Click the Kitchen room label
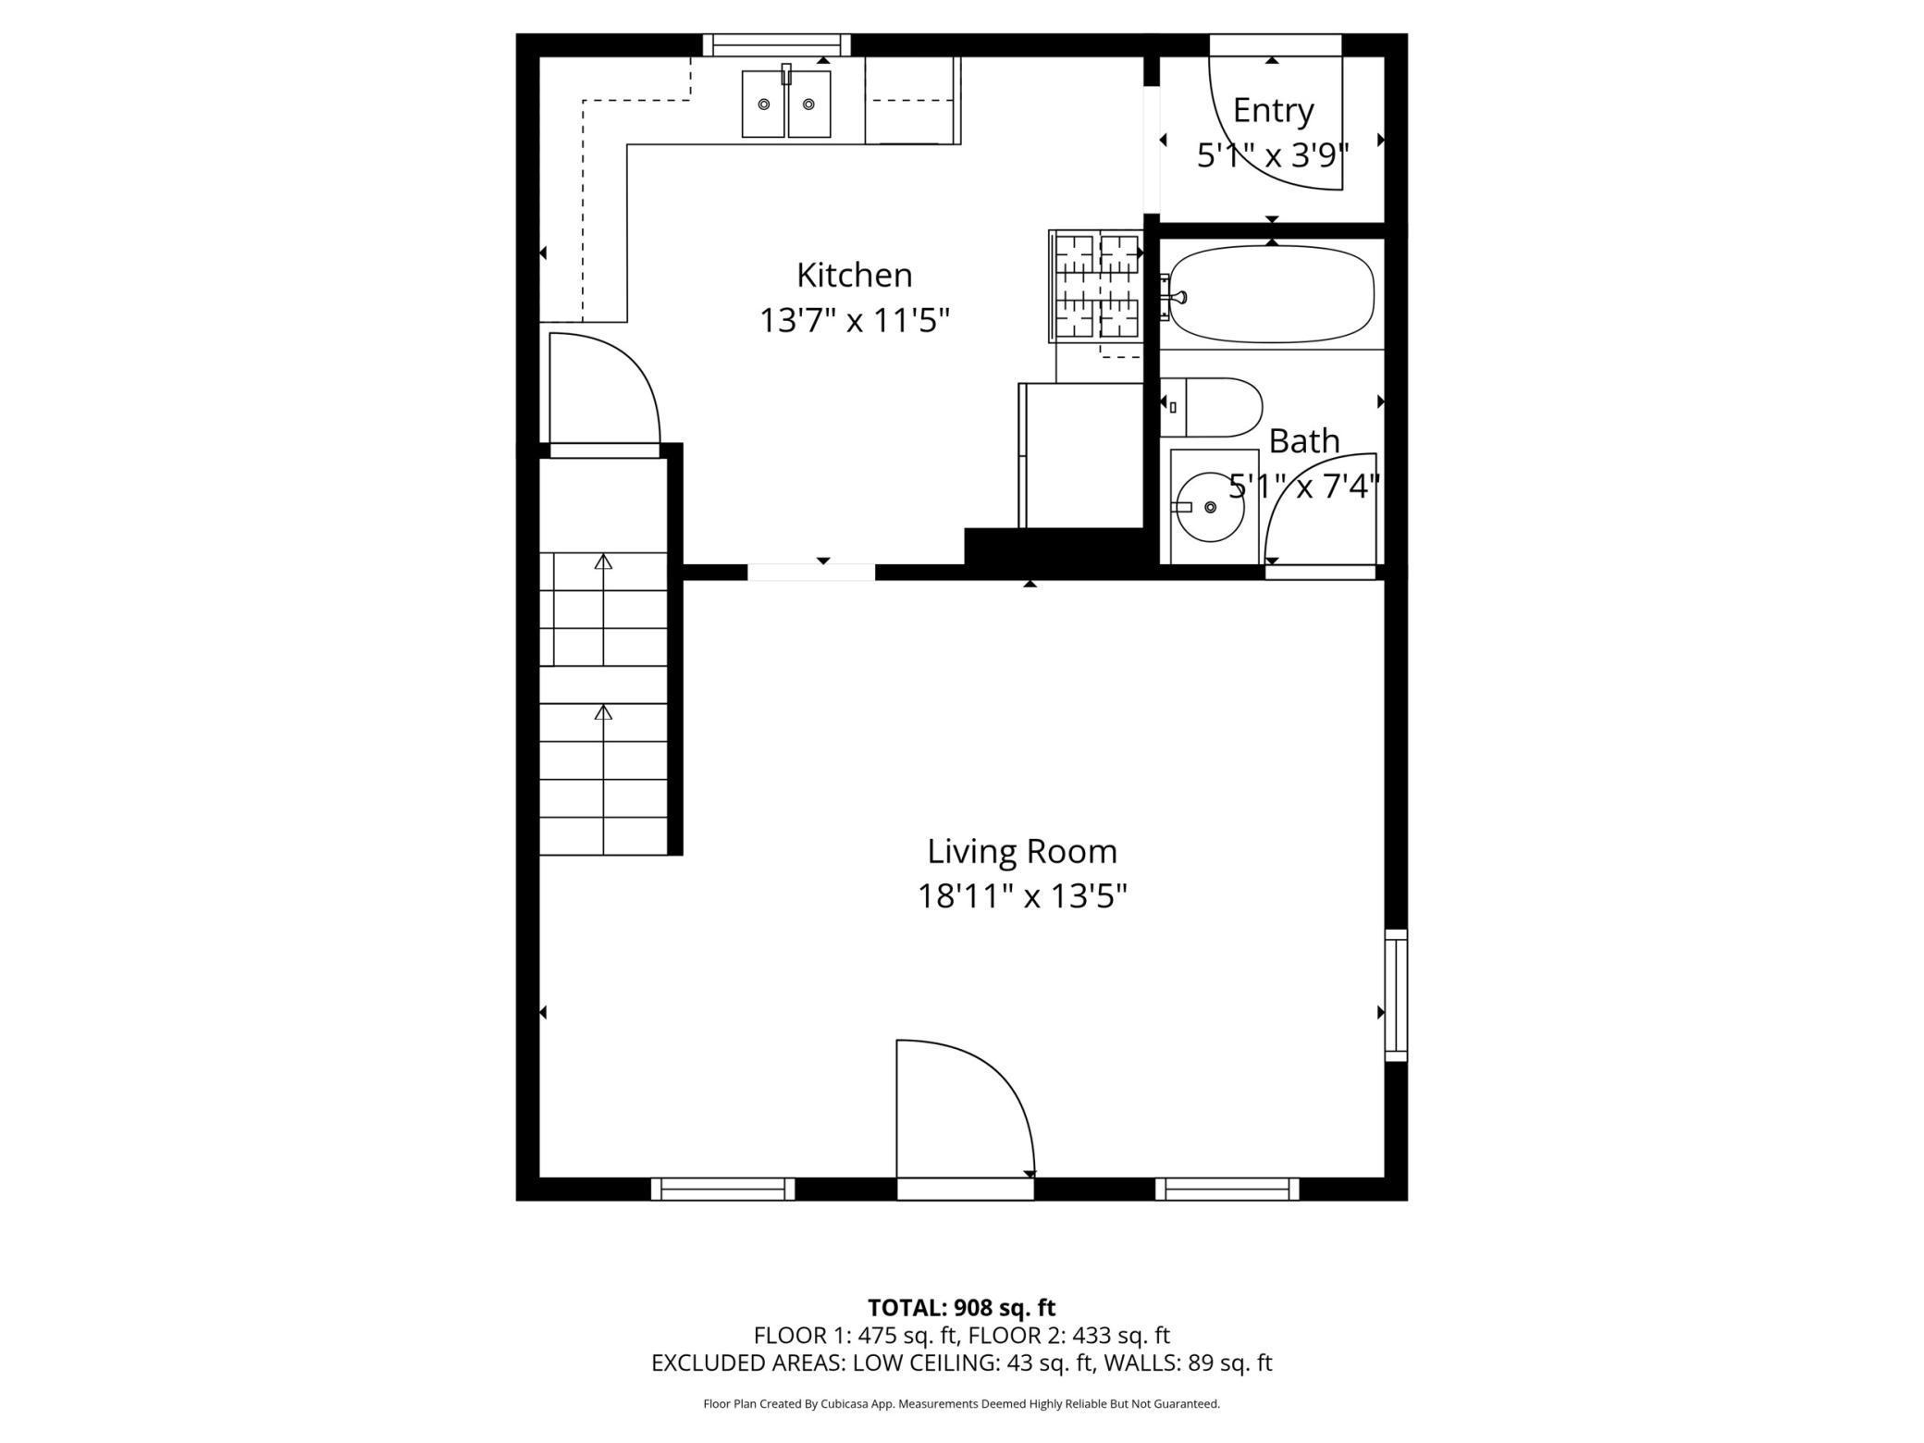854,276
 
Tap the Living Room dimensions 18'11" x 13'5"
1021,896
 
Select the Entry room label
1273,111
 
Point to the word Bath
1303,441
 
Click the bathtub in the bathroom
1273,294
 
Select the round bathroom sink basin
1210,507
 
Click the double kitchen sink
786,105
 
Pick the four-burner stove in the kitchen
1097,286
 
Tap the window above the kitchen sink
776,44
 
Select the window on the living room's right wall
1396,994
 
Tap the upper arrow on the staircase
603,562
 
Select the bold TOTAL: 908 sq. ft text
961,1308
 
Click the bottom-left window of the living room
722,1189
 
